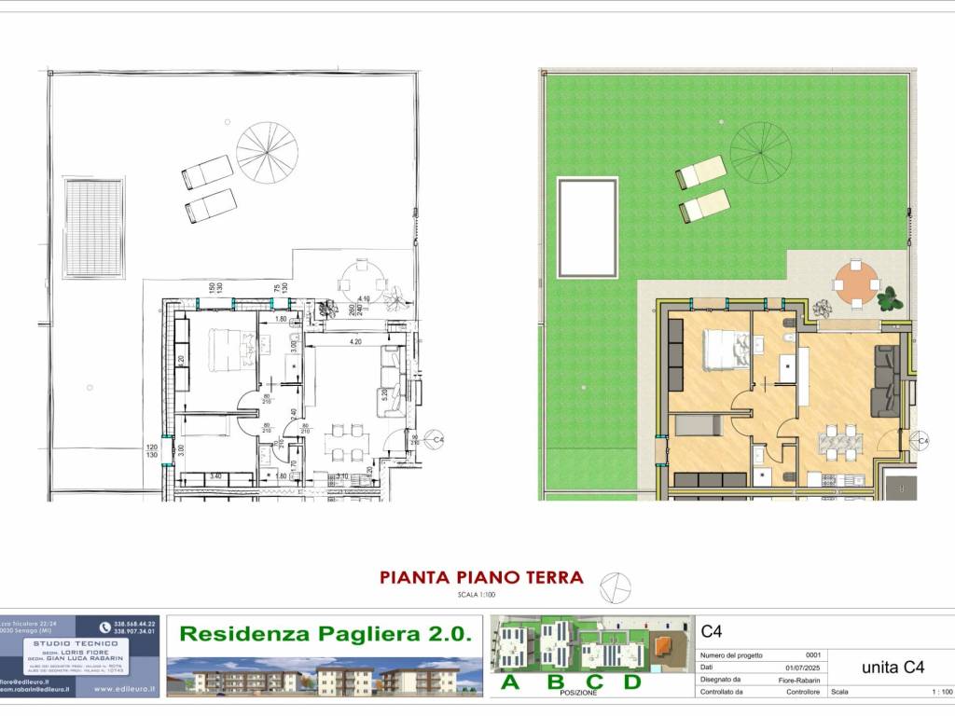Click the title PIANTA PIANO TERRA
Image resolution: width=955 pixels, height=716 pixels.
tap(481, 577)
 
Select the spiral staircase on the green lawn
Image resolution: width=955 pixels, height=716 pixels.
tap(760, 149)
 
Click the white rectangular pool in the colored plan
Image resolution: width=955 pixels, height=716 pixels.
tap(588, 227)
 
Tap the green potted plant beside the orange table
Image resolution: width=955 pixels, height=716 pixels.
tap(890, 299)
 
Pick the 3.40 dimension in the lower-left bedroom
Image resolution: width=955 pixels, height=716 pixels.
tap(215, 476)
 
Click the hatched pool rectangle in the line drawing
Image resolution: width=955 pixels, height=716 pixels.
tap(93, 227)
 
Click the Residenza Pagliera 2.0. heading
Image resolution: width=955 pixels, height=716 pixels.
tap(325, 634)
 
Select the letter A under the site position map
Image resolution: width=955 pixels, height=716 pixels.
tap(510, 682)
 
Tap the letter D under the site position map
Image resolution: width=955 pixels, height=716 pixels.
tap(632, 682)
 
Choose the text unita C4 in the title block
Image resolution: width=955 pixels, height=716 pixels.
tap(892, 667)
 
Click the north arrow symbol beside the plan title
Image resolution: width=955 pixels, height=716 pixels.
tap(616, 586)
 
